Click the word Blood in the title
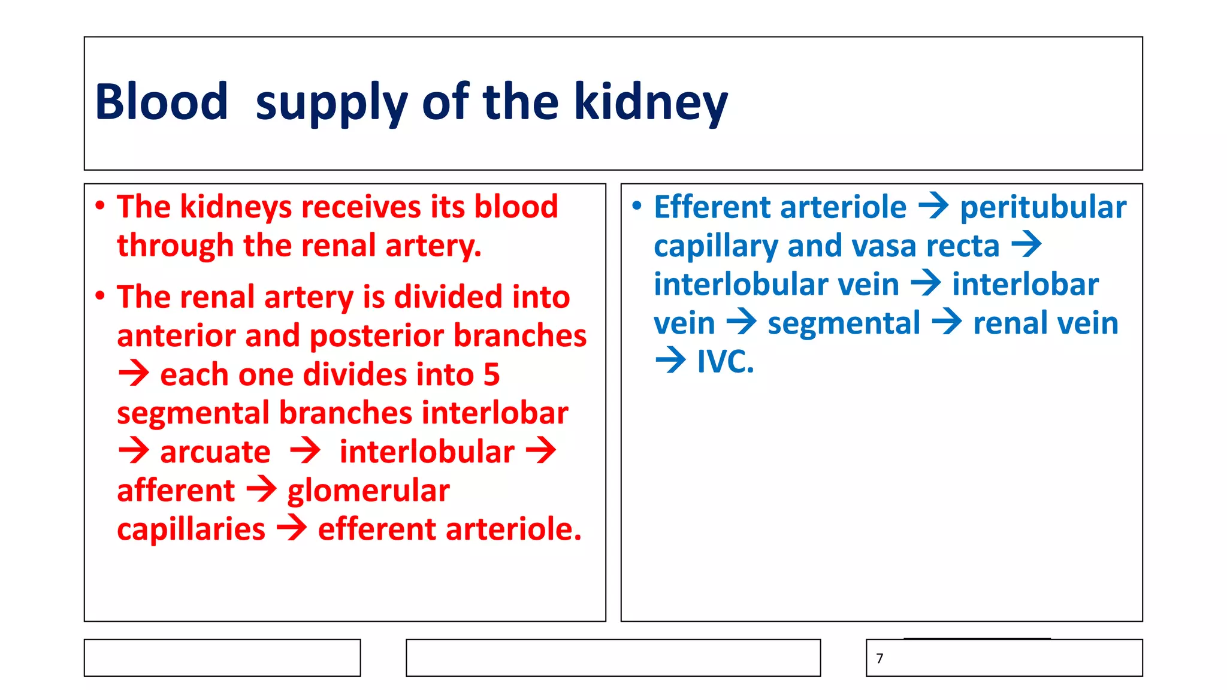pos(161,102)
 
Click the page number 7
pos(880,658)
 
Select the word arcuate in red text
pos(215,452)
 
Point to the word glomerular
pos(368,491)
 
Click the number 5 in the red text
pos(491,375)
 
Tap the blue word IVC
pos(725,362)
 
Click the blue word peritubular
pos(1043,207)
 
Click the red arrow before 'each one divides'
pos(134,374)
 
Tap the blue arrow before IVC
pos(670,361)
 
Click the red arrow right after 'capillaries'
pos(292,529)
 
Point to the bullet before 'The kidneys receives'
pos(100,206)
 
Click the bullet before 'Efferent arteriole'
pos(637,206)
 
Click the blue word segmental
pos(844,323)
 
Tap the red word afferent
pos(176,491)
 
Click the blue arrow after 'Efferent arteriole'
pos(933,207)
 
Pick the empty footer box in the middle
pos(613,658)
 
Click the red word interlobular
pos(427,452)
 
